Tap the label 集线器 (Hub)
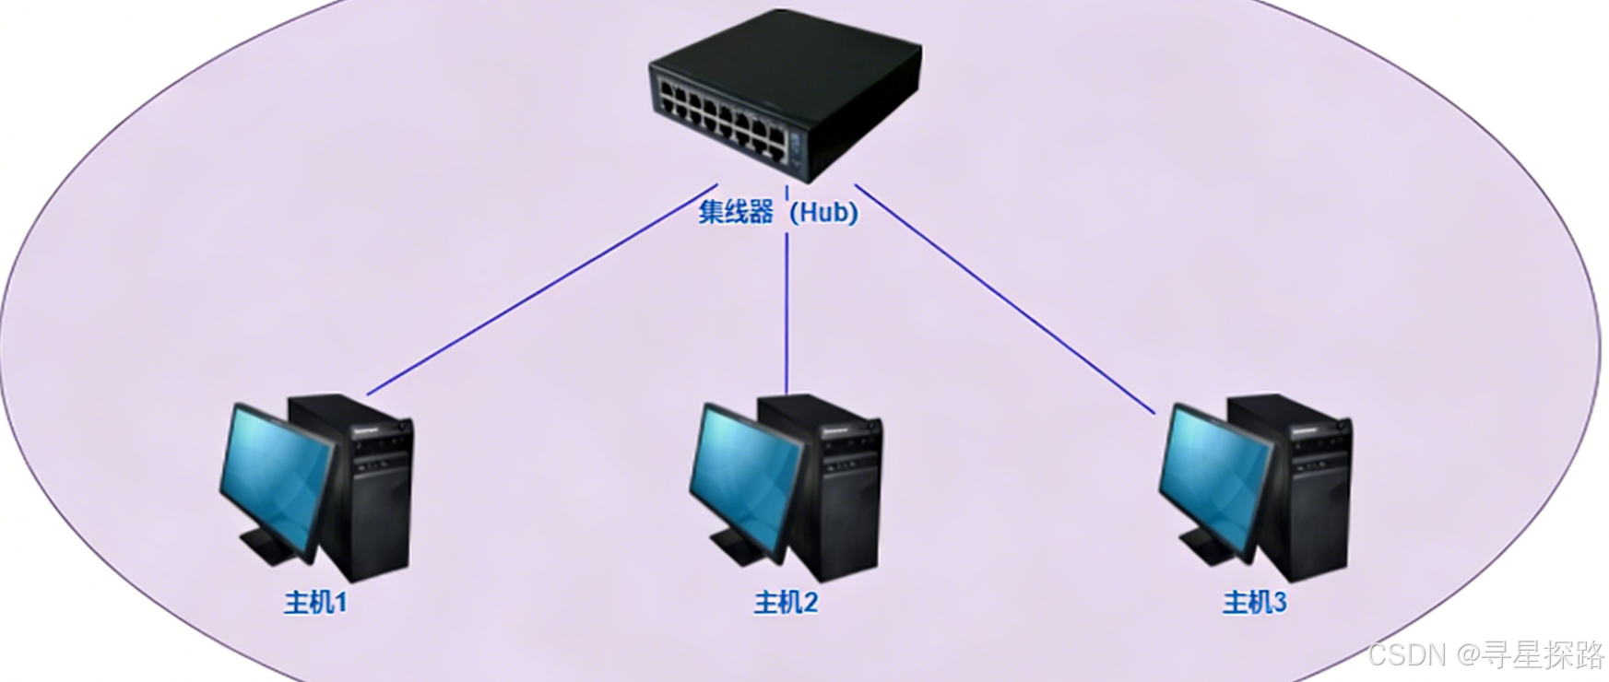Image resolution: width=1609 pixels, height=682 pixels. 777,212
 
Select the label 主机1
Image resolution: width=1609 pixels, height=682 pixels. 315,603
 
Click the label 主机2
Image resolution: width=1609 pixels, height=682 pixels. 786,603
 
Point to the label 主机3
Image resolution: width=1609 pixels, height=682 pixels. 1254,603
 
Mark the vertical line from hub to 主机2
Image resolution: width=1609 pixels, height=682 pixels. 787,313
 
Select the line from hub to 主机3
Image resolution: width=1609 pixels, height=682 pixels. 1005,299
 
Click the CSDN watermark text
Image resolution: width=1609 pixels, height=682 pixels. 1486,654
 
